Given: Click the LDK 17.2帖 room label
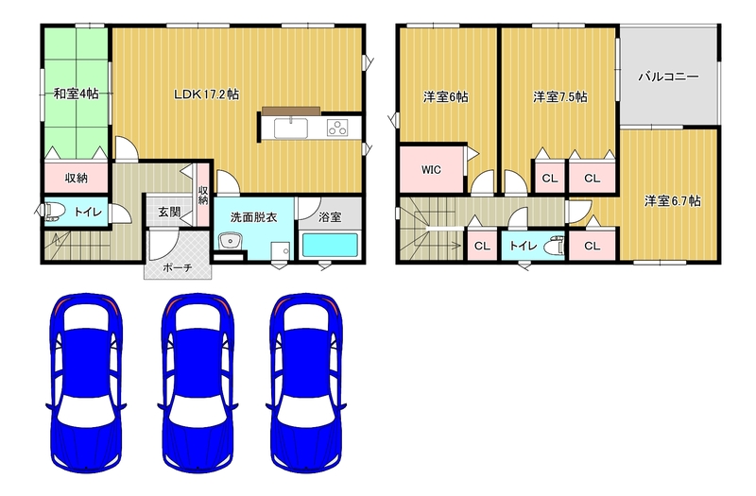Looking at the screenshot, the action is [206, 94].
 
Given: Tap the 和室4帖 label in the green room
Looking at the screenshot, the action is [77, 94].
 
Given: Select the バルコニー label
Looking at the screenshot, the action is [669, 77].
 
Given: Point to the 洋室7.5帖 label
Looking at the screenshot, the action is [560, 97].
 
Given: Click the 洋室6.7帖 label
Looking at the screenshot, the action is [673, 200].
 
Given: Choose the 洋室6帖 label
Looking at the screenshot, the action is [445, 97].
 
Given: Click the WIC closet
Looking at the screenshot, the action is [432, 169].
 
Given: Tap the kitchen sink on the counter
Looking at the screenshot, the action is [291, 128].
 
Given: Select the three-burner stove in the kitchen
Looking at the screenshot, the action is [337, 128].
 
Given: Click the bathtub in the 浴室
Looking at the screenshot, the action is [330, 246].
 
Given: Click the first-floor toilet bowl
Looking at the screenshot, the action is [53, 212].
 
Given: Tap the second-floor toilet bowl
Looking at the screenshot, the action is [553, 246].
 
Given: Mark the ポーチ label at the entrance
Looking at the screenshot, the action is [178, 267].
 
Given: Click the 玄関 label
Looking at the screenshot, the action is [169, 212].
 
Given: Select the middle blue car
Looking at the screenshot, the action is [198, 383].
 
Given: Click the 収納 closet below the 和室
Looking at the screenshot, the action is [77, 178].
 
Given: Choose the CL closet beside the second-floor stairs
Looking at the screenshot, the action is [482, 246].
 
